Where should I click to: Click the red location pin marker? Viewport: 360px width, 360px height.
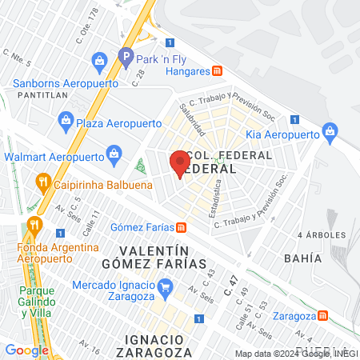click(x=178, y=162)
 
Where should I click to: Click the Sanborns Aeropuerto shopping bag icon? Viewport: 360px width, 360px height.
click(x=98, y=60)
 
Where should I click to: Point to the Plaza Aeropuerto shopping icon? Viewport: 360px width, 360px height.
click(x=66, y=122)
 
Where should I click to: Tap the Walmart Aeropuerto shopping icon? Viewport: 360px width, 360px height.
click(x=114, y=154)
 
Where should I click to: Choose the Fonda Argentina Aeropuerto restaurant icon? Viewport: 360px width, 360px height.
click(x=33, y=224)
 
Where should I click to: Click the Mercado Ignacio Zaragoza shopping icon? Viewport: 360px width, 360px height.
click(x=164, y=286)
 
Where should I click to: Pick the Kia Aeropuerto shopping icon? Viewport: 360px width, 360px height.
click(x=328, y=131)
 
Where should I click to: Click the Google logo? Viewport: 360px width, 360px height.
click(x=26, y=350)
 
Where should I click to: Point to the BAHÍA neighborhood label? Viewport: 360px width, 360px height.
click(x=302, y=258)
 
